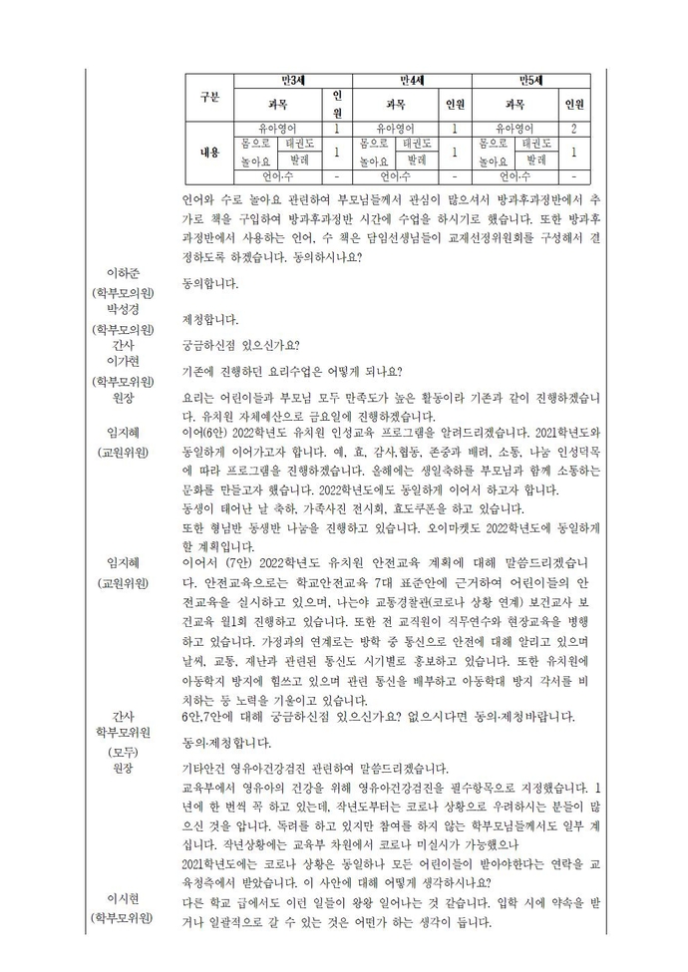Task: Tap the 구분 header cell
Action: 209,97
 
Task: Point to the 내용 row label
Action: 209,153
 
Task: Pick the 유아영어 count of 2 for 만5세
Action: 575,129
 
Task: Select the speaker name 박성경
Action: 129,310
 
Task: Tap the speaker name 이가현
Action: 129,361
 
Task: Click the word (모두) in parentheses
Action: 129,751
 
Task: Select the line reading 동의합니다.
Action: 211,284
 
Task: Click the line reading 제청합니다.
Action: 211,320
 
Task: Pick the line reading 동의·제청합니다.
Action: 224,743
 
